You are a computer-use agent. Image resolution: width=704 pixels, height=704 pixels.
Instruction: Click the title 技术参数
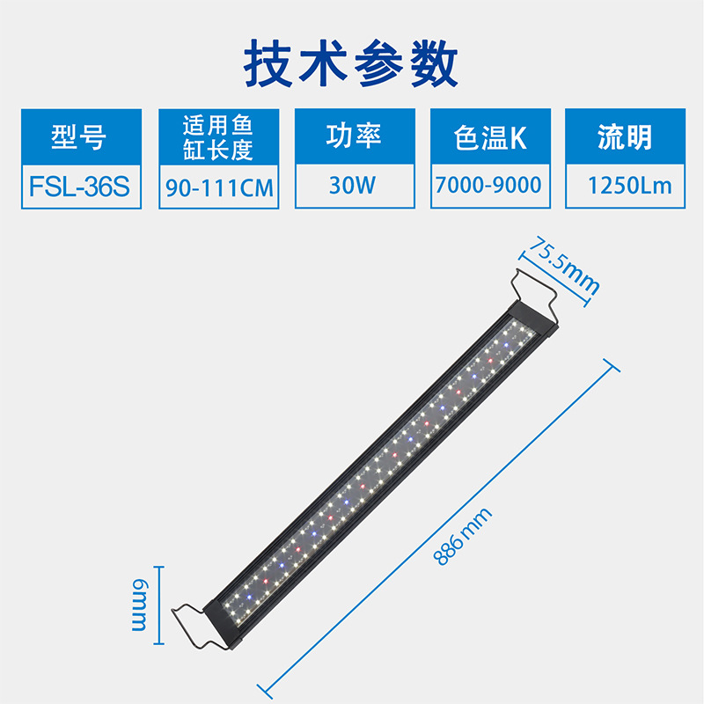point(352,62)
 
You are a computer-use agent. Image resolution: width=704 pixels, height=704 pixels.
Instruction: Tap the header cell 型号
point(81,137)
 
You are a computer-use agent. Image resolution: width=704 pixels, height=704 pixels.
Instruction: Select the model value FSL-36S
point(81,186)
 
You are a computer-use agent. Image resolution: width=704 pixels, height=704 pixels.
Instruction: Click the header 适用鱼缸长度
point(218,137)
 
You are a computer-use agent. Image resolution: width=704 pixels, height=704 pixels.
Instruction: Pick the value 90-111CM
point(219,187)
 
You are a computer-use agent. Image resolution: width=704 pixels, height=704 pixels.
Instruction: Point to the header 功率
point(355,136)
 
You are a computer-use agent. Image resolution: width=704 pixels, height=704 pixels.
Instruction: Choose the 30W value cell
point(355,186)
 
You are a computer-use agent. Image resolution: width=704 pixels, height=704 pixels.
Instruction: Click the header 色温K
point(490,137)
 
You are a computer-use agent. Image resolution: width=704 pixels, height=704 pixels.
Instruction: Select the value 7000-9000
point(490,186)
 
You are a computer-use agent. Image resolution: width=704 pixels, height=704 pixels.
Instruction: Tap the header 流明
point(626,137)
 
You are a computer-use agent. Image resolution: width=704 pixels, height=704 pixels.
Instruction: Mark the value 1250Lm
point(626,186)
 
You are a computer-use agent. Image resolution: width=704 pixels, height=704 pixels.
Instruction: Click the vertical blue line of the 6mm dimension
point(158,605)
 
